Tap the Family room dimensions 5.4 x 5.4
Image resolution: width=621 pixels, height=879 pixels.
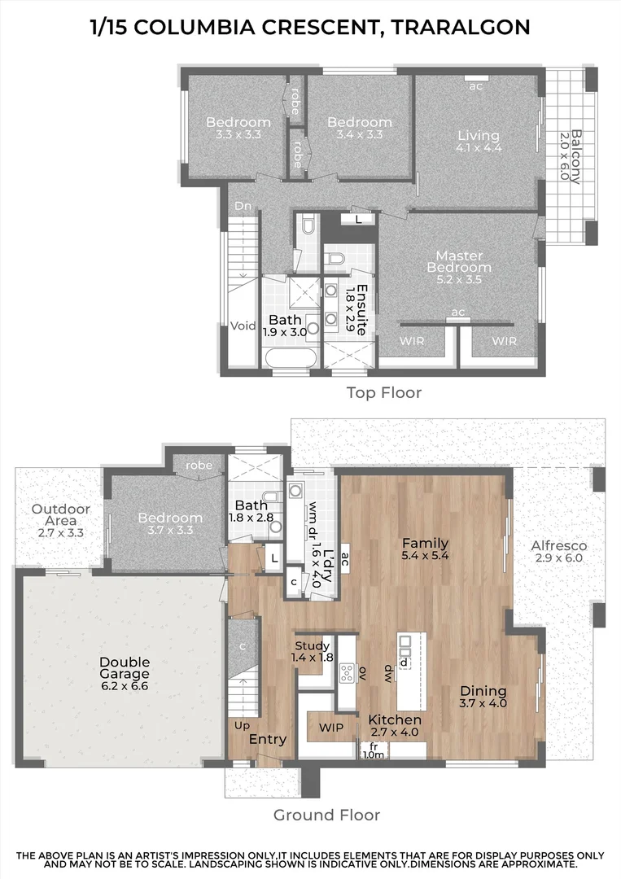click(425, 556)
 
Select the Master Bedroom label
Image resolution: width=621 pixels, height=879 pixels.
click(459, 261)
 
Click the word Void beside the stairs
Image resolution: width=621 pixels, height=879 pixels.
click(243, 326)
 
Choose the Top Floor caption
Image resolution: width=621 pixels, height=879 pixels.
click(384, 393)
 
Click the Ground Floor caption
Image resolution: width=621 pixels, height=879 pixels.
click(326, 815)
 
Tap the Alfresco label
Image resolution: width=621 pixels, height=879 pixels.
click(559, 546)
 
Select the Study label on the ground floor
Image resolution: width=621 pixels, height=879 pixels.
click(313, 646)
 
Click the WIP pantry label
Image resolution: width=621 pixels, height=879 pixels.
click(330, 726)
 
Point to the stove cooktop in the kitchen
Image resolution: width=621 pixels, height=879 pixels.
click(348, 672)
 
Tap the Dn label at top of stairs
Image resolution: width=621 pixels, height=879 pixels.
click(243, 207)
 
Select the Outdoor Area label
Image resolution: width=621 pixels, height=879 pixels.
click(61, 515)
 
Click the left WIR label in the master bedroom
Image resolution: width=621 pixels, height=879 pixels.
click(412, 342)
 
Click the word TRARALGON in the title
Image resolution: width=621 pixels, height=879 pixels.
click(461, 27)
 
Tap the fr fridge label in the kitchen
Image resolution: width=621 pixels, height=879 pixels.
click(374, 746)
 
